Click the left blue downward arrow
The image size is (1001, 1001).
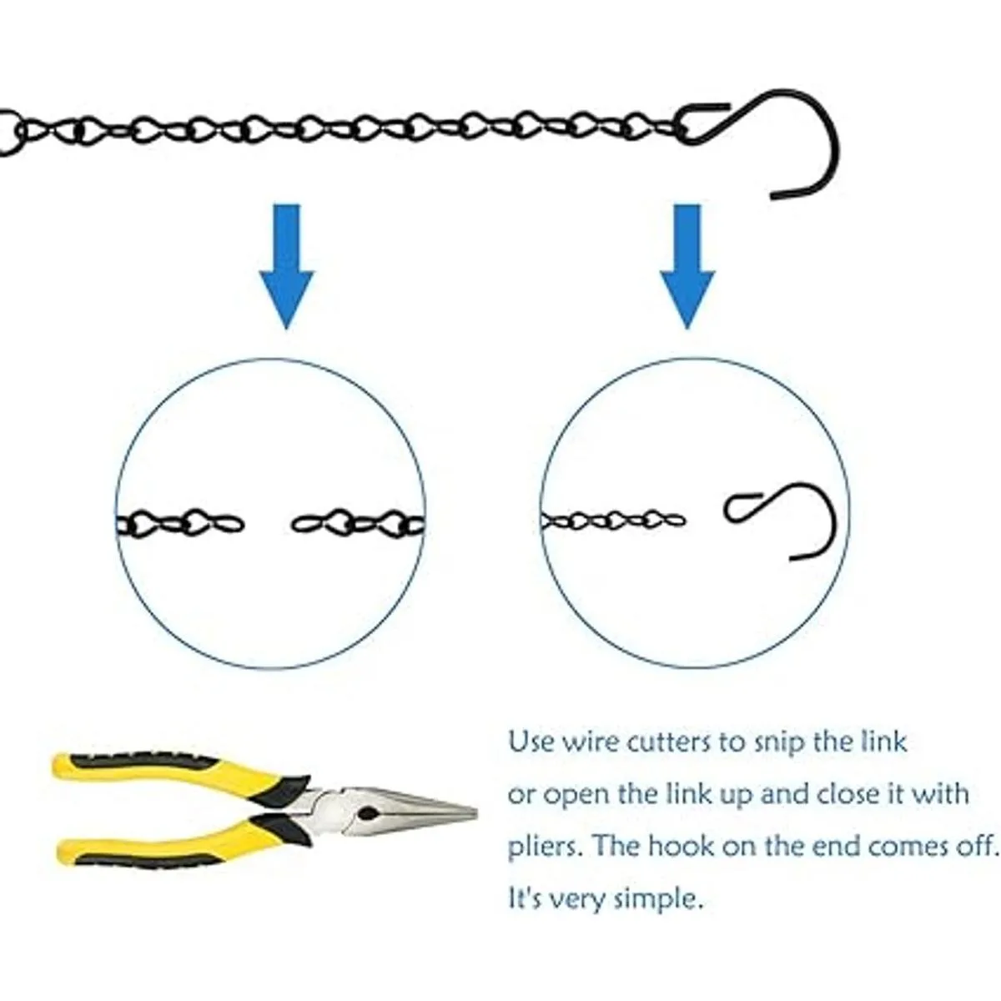(287, 265)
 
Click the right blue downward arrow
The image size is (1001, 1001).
(687, 265)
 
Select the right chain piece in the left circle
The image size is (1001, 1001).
(359, 524)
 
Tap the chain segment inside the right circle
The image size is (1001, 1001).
(613, 520)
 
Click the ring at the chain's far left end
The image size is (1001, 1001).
(8, 132)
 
